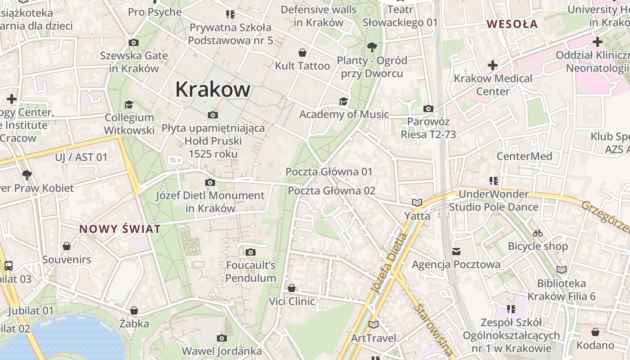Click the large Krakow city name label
[x=212, y=89]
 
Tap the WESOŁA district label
[x=513, y=24]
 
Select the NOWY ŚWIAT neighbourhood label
[x=120, y=229]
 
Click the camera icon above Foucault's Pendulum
[x=251, y=252]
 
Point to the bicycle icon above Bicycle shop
[x=537, y=233]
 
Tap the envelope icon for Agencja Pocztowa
[x=456, y=251]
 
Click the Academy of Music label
[x=344, y=114]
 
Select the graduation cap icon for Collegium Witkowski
[x=129, y=104]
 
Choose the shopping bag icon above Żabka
[x=134, y=310]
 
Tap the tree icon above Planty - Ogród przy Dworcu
[x=372, y=46]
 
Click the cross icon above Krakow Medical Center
[x=493, y=65]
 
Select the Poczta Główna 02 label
[x=331, y=190]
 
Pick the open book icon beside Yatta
[x=417, y=203]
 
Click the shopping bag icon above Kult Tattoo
[x=303, y=53]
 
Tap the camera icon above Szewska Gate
[x=134, y=43]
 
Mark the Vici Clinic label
[x=292, y=301]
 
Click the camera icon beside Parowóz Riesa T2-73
[x=428, y=108]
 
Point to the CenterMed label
[x=524, y=156]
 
